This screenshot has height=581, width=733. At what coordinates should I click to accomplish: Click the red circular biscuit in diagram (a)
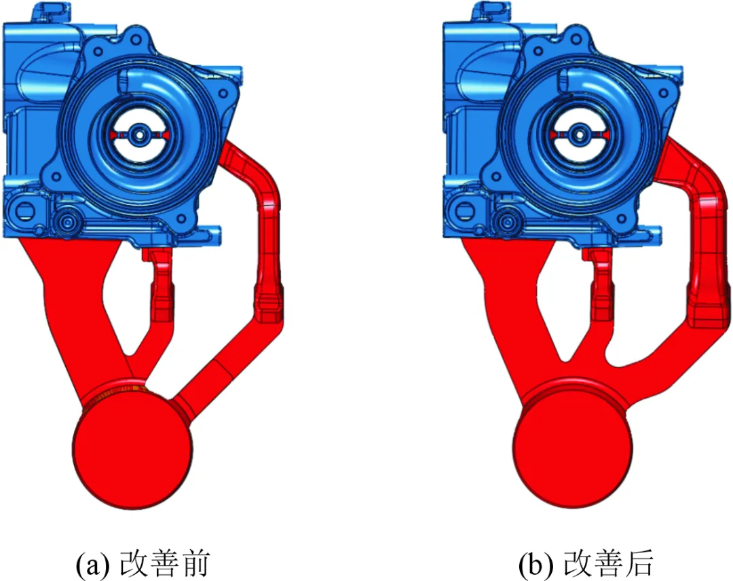pos(132,449)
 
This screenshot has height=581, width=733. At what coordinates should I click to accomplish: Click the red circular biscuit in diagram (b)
pos(572,449)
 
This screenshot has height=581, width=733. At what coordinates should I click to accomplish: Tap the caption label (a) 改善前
pos(143,563)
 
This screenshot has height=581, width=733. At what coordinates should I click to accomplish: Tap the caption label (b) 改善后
pos(586,563)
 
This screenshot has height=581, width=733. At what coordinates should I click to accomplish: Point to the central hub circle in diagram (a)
pos(138,135)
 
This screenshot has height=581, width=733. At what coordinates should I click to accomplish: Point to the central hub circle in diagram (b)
pos(579,135)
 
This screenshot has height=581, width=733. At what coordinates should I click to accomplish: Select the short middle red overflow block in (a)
pos(160,284)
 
